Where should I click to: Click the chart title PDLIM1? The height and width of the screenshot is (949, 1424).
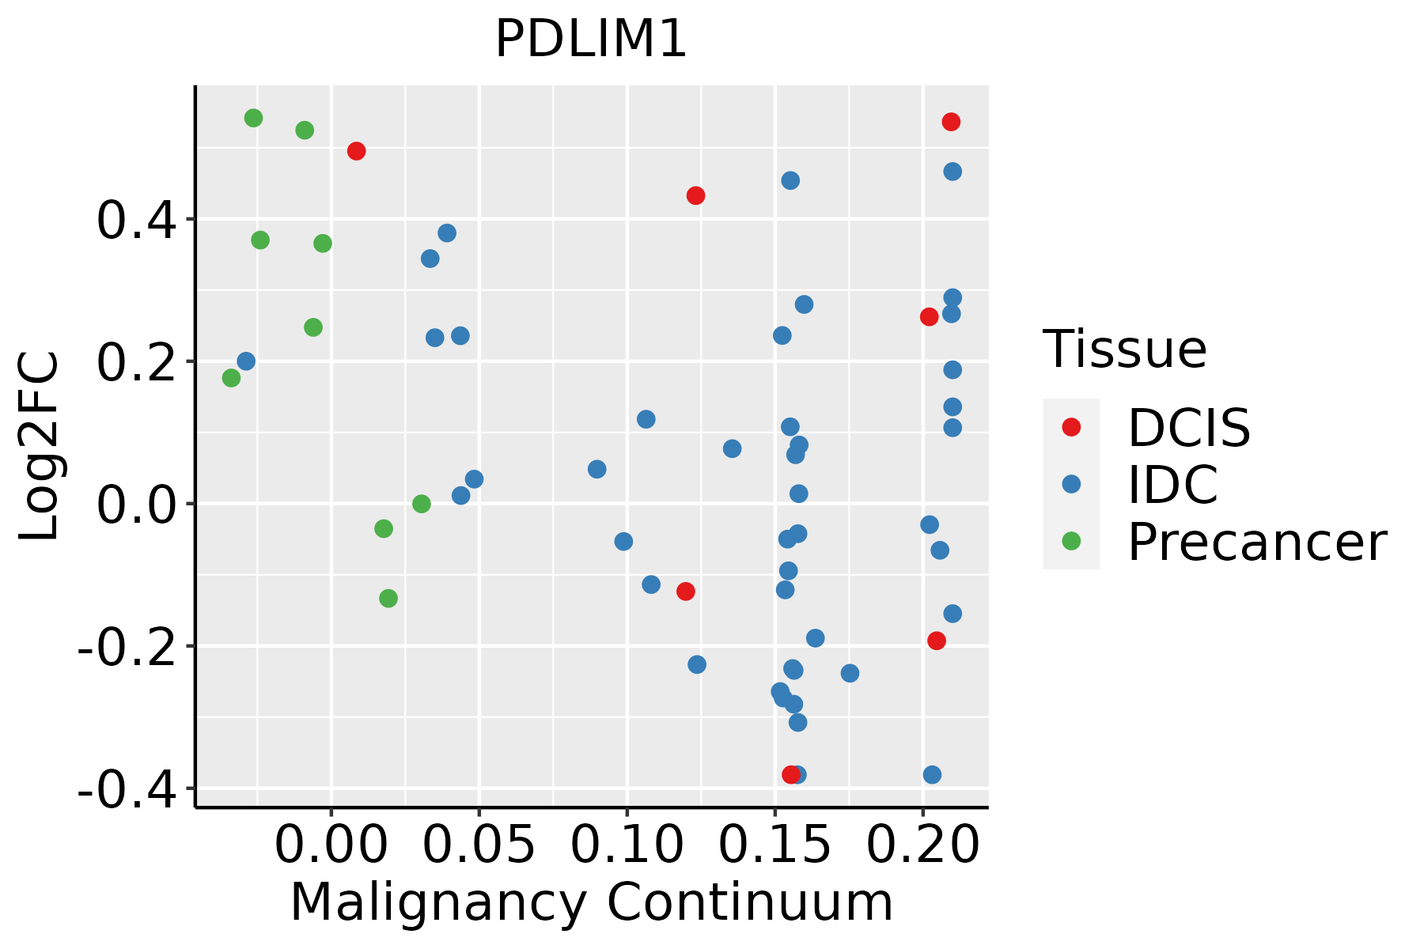coord(590,40)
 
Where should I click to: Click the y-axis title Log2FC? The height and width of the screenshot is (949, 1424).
coord(40,446)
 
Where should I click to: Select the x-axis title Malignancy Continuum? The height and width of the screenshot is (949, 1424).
coord(592,903)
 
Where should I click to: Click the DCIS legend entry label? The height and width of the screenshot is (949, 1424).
coord(1188,428)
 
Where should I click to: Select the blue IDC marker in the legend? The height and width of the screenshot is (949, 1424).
coord(1071,484)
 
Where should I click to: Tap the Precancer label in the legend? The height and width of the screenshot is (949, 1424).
coord(1256,543)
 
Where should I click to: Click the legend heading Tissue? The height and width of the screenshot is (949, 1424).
coord(1125,349)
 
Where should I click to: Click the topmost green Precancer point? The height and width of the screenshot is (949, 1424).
coord(253,118)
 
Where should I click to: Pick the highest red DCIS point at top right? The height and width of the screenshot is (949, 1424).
coord(951,122)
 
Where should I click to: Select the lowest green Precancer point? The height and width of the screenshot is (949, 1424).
coord(388,598)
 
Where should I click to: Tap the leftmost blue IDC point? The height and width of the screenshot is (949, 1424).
coord(246,361)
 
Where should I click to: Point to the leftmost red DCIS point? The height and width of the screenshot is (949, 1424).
coord(356,151)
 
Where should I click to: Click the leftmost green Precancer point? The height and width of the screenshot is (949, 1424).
coord(231,378)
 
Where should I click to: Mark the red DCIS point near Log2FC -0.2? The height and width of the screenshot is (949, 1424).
coord(937,641)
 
